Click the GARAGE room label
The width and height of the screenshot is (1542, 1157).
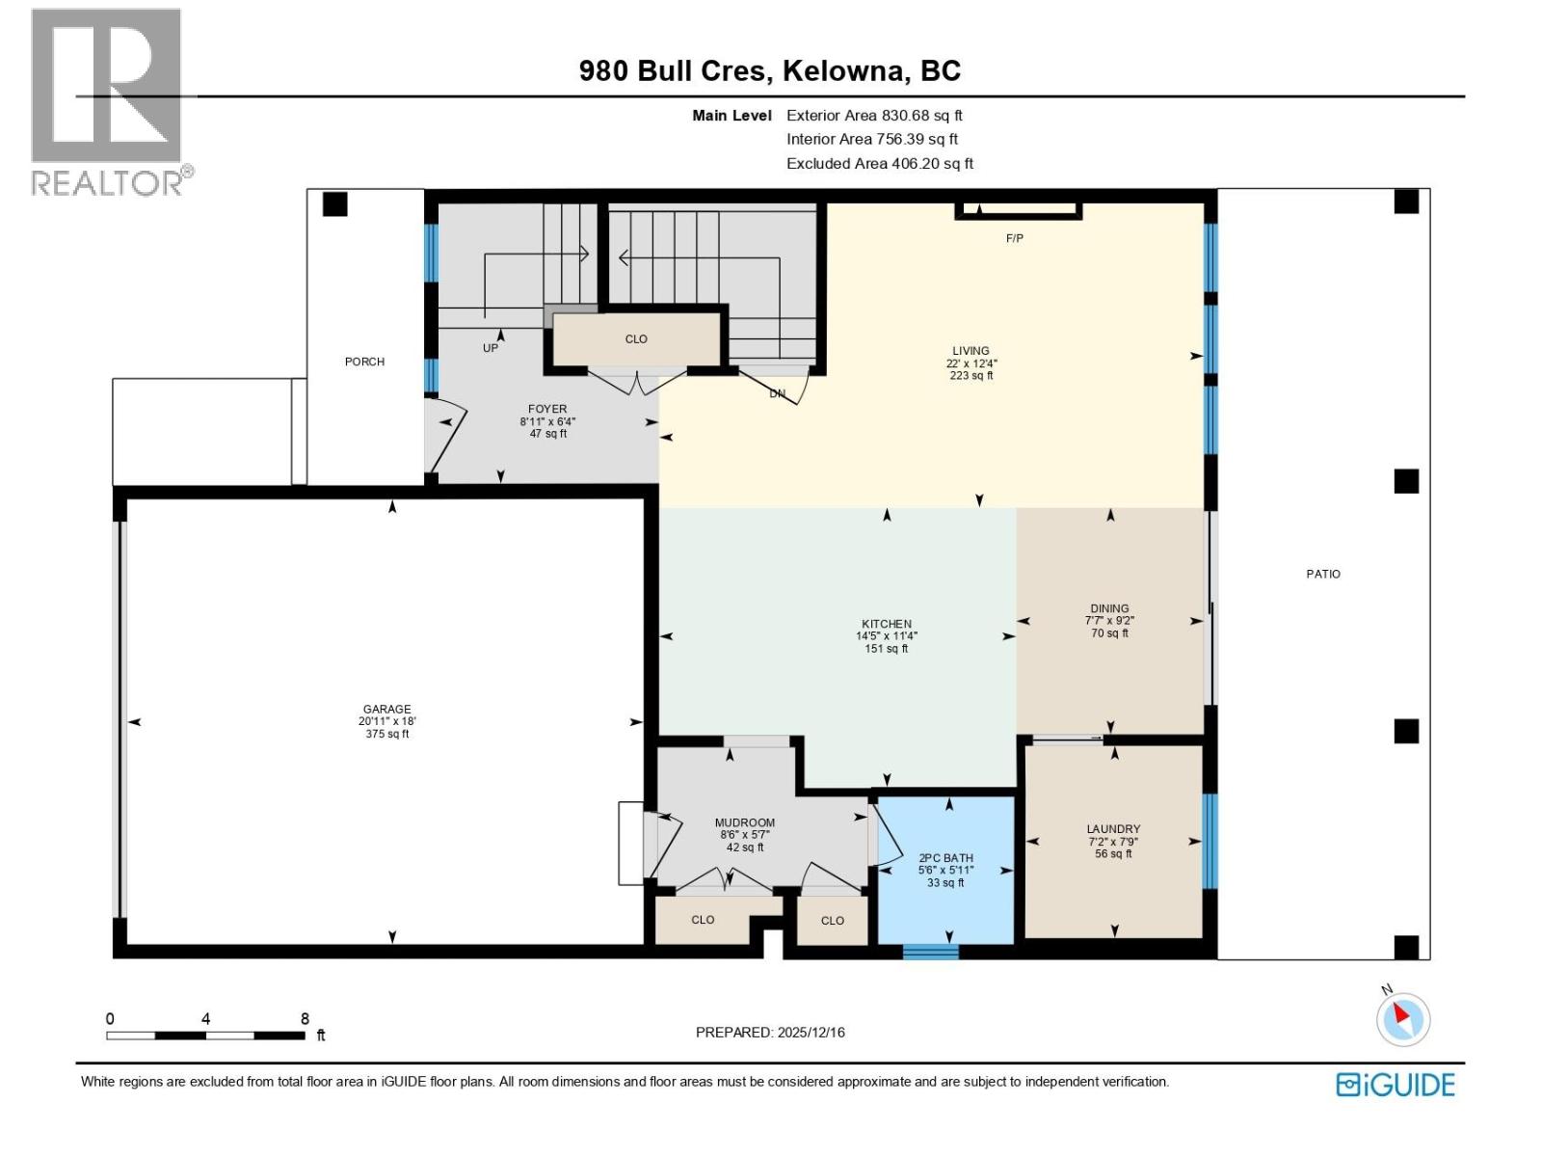(x=386, y=709)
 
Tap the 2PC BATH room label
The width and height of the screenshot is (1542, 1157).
(x=945, y=857)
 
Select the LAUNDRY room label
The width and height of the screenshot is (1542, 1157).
(x=1113, y=828)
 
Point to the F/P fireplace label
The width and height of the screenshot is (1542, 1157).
(x=1014, y=238)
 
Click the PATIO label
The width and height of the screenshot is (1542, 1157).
(x=1323, y=574)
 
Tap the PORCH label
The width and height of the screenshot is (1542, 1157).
(x=364, y=362)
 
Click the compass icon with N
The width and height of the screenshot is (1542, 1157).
(x=1402, y=1018)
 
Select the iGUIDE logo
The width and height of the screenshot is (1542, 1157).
(x=1395, y=1085)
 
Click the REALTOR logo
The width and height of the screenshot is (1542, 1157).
(x=109, y=101)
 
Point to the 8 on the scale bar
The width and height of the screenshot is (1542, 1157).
(x=305, y=1018)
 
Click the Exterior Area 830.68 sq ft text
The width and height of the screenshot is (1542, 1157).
(x=874, y=115)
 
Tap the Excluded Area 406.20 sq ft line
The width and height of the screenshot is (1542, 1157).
(x=879, y=163)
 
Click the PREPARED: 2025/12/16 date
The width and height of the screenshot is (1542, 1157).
(x=770, y=1032)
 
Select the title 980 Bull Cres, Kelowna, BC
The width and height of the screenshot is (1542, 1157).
(x=769, y=70)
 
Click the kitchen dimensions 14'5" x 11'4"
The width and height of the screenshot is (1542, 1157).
(x=887, y=636)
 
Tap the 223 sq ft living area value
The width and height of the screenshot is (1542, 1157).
(x=970, y=376)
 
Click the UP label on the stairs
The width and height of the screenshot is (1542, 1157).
(x=491, y=347)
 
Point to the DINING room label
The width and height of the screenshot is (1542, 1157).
(x=1109, y=608)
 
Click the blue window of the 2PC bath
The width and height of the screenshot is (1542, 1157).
(x=930, y=952)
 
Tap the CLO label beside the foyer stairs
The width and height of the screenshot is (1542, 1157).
(x=636, y=338)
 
